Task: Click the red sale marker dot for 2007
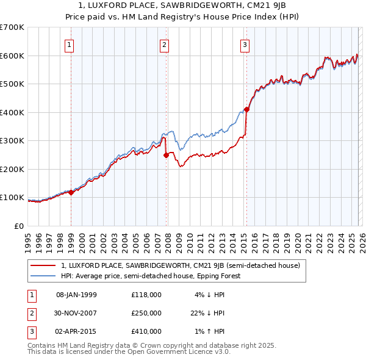click(x=166, y=155)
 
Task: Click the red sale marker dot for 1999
click(x=71, y=192)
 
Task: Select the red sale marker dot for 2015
click(x=246, y=110)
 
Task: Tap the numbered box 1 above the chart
click(x=70, y=44)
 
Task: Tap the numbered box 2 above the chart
click(x=165, y=44)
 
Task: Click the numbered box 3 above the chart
click(x=245, y=44)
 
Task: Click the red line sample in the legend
click(x=43, y=265)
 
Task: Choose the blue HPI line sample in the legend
click(x=43, y=276)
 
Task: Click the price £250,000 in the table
click(x=146, y=313)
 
